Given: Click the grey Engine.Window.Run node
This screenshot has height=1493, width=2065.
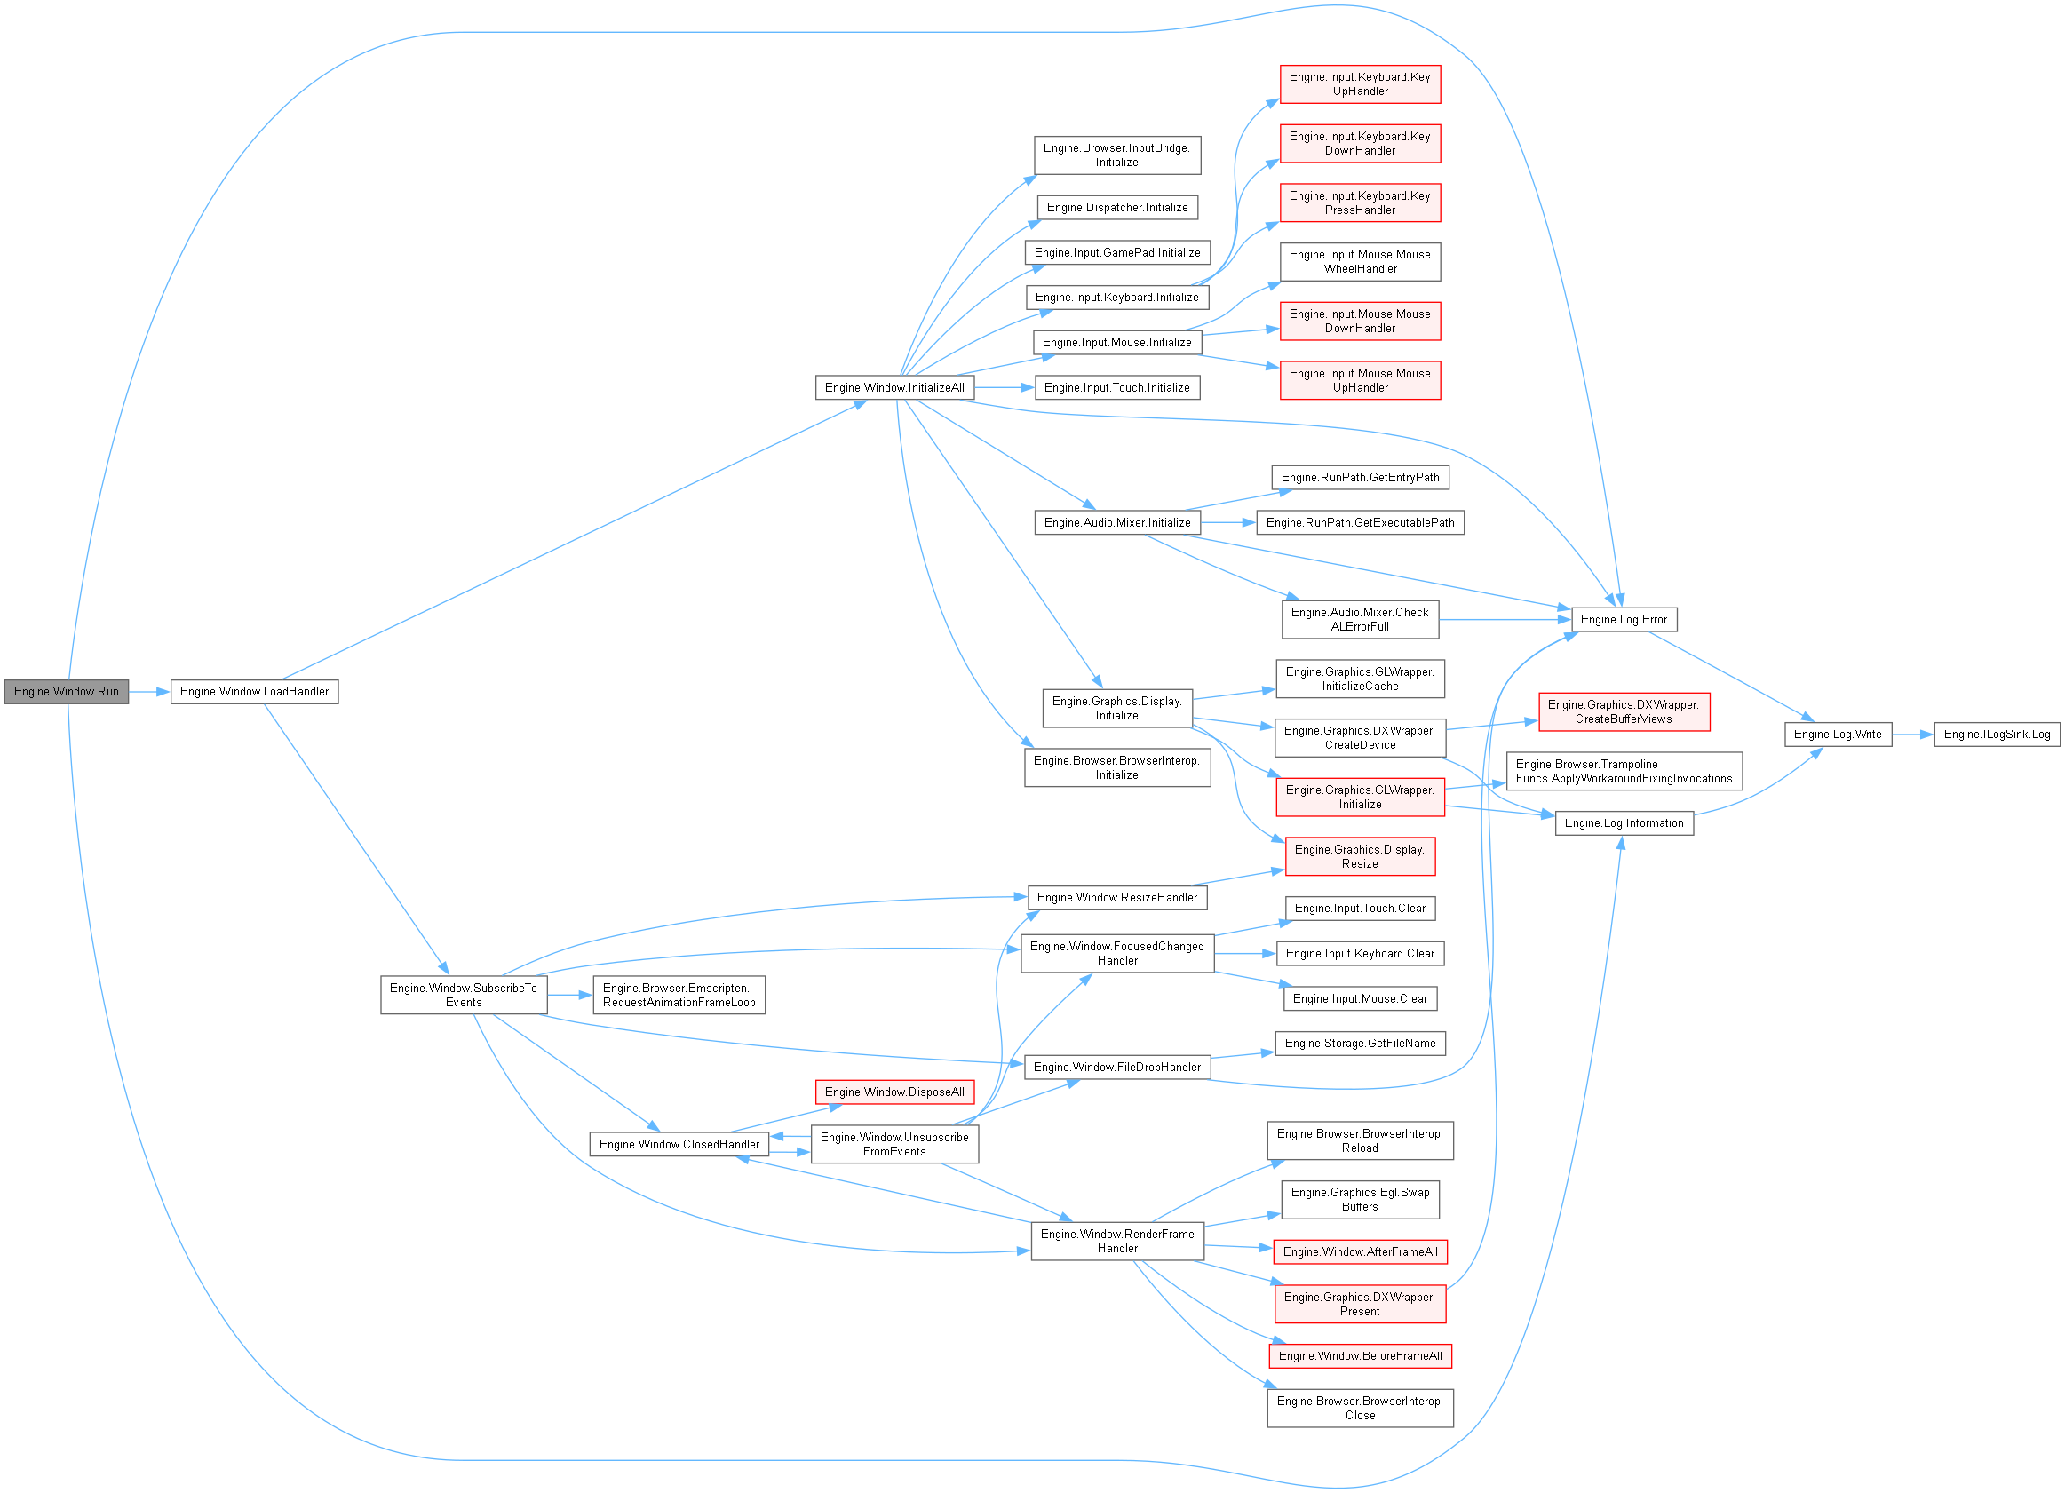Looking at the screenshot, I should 67,691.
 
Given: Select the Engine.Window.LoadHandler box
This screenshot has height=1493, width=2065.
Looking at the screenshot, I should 254,691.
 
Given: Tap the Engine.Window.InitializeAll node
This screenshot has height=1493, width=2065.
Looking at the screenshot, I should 894,387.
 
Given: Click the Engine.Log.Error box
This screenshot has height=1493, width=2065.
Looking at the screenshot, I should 1624,619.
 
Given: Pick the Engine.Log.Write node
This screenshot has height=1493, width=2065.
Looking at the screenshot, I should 1838,734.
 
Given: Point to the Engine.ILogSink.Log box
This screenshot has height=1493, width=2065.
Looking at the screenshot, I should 1997,734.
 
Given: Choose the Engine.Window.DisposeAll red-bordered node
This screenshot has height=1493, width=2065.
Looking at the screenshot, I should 894,1092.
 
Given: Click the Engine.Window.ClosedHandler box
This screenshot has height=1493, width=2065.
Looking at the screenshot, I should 679,1144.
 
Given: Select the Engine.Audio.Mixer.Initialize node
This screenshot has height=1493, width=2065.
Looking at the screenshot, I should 1117,522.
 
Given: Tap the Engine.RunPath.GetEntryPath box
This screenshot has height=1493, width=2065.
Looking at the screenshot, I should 1361,477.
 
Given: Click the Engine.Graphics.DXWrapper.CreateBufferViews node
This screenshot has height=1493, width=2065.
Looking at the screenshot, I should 1624,712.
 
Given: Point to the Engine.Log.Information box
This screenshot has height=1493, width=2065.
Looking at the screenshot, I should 1624,823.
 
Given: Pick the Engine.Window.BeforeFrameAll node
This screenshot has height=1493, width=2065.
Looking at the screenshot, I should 1361,1355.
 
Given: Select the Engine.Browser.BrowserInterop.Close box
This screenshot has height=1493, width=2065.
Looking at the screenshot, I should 1361,1408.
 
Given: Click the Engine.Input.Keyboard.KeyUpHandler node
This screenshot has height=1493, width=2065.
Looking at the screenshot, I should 1361,83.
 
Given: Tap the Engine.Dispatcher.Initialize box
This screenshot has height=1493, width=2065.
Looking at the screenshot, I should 1117,208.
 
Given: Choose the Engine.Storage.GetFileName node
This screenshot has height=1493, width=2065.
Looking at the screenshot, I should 1361,1044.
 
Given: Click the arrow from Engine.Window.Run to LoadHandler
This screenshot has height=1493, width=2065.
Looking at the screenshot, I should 149,692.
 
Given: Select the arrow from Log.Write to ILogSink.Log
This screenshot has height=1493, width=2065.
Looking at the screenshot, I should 1912,734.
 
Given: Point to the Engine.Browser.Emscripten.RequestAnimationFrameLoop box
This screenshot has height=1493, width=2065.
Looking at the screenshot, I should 679,995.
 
